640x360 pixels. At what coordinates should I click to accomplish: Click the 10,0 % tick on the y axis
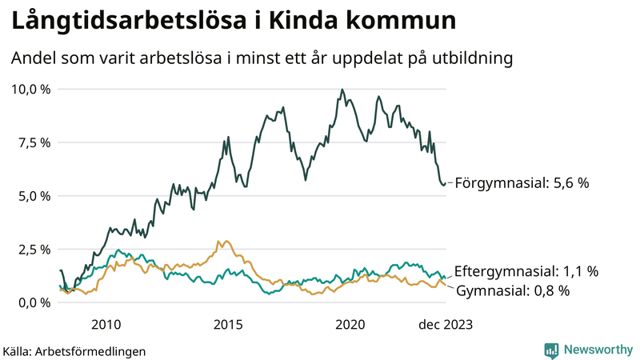(x=30, y=89)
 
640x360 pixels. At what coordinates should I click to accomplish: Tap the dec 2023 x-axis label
(x=446, y=324)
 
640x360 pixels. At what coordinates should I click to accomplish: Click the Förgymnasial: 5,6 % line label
(x=522, y=183)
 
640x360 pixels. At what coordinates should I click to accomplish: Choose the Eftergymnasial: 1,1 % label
(x=526, y=271)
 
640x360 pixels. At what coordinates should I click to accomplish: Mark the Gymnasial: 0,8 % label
(x=512, y=290)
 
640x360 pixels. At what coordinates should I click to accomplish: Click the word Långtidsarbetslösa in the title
(x=129, y=22)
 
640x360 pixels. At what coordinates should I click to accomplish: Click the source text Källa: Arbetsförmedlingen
(x=74, y=350)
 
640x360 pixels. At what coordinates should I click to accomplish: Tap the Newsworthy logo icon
(x=551, y=350)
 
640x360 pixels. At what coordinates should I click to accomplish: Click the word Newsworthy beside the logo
(x=596, y=350)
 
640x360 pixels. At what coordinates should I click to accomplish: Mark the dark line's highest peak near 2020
(x=342, y=90)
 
